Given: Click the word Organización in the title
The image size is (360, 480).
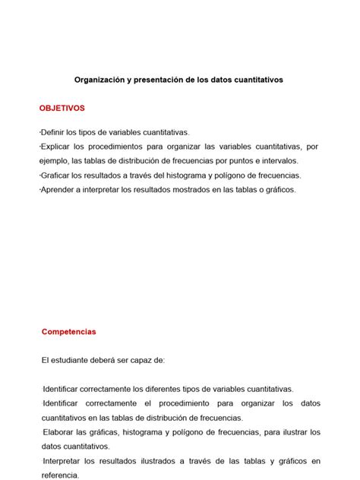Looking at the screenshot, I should [101, 79].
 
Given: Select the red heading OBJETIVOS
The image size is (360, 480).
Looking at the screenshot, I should [62, 108].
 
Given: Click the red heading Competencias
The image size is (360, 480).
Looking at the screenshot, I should [69, 332].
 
